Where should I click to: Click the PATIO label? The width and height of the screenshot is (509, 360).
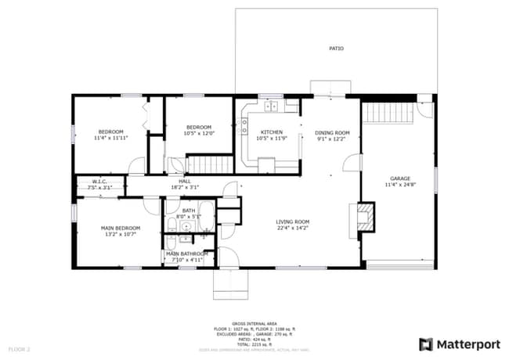tap(336, 49)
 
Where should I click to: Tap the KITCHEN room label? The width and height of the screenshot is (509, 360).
tap(271, 132)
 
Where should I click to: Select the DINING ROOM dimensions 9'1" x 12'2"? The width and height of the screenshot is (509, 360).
tap(332, 140)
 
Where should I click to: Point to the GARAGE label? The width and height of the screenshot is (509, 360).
tap(400, 178)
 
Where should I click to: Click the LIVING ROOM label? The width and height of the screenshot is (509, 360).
tap(292, 222)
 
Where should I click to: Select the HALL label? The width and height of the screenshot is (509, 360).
tap(185, 182)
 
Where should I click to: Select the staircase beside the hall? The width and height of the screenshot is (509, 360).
tap(209, 164)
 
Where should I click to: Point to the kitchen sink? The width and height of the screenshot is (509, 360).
tap(272, 105)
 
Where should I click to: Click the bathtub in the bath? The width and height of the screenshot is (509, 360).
tap(206, 215)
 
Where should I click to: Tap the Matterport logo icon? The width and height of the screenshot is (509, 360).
tap(425, 344)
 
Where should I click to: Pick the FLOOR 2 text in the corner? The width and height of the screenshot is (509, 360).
tap(19, 348)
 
